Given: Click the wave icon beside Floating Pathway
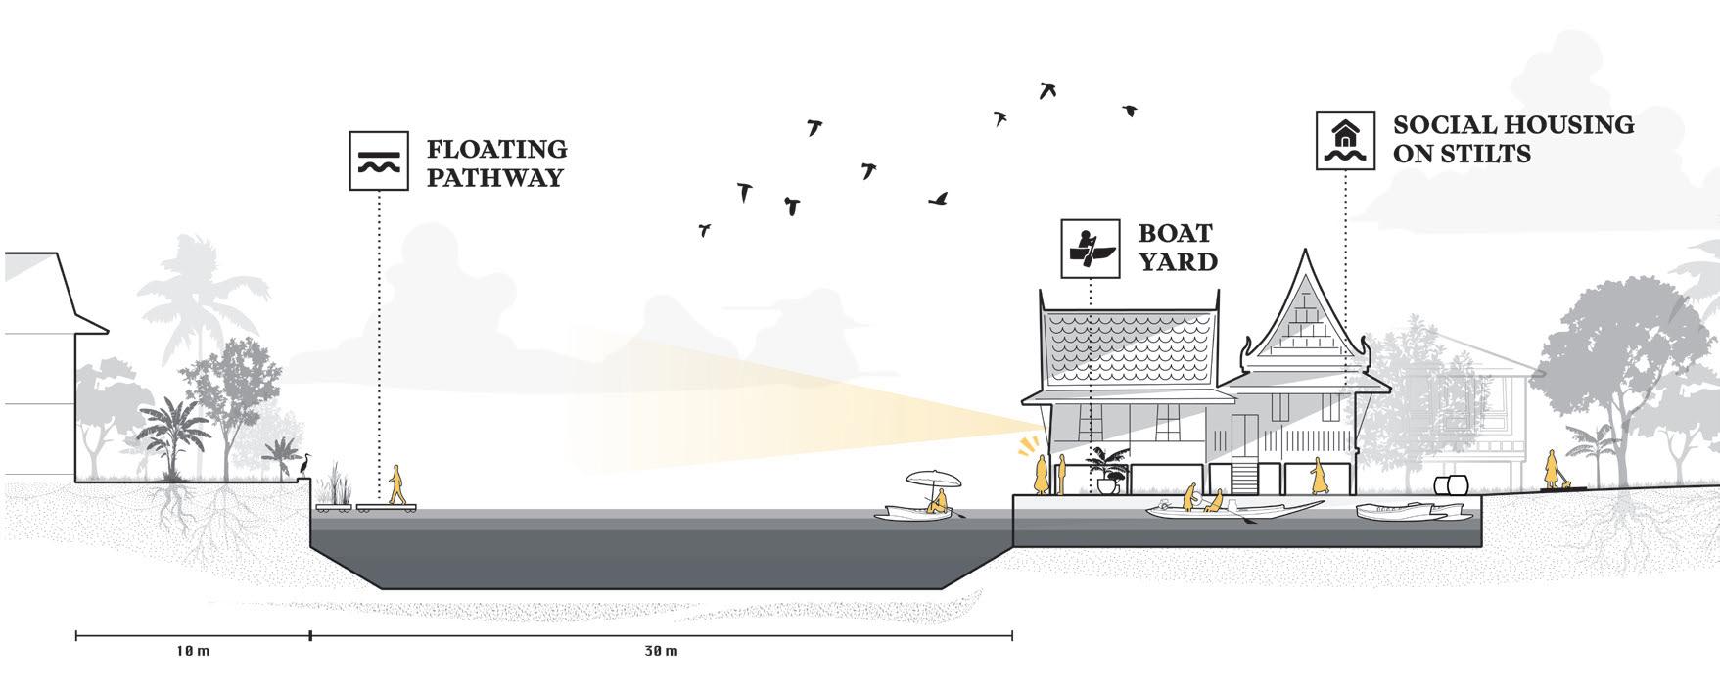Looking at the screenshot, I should pos(378,161).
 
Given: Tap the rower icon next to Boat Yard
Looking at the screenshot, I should pos(1091,249).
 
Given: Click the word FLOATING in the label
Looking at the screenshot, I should pos(496,149).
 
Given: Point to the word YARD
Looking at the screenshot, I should pos(1178,261).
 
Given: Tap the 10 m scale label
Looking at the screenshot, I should pos(193,652).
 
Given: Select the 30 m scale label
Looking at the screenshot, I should pos(662,652).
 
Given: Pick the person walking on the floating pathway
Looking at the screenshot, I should pos(397,484).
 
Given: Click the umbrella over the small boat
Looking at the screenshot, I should pos(934,480).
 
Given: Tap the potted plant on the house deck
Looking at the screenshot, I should pos(1107,471).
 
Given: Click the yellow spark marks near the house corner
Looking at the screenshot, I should pos(1025,447).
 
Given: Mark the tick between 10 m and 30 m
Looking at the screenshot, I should pos(311,636).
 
